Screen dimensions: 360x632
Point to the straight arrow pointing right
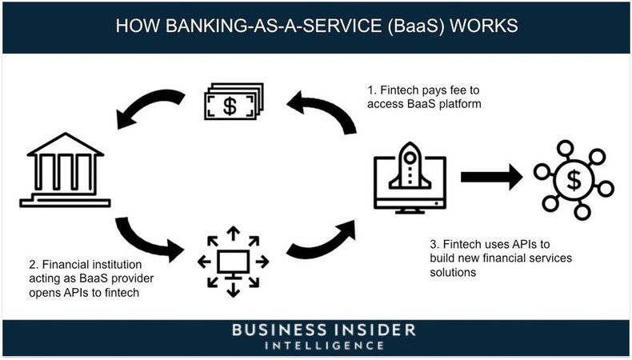click(x=490, y=178)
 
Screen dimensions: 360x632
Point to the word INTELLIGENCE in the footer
click(x=315, y=346)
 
